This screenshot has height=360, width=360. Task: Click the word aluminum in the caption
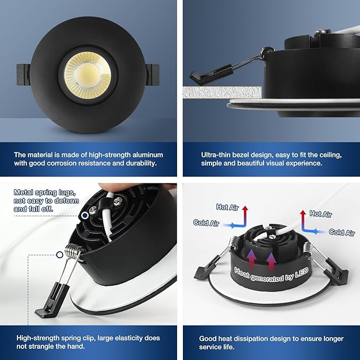click(x=144, y=155)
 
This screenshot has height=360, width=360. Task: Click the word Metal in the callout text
click(x=23, y=192)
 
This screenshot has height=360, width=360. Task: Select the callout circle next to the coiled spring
click(x=59, y=254)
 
